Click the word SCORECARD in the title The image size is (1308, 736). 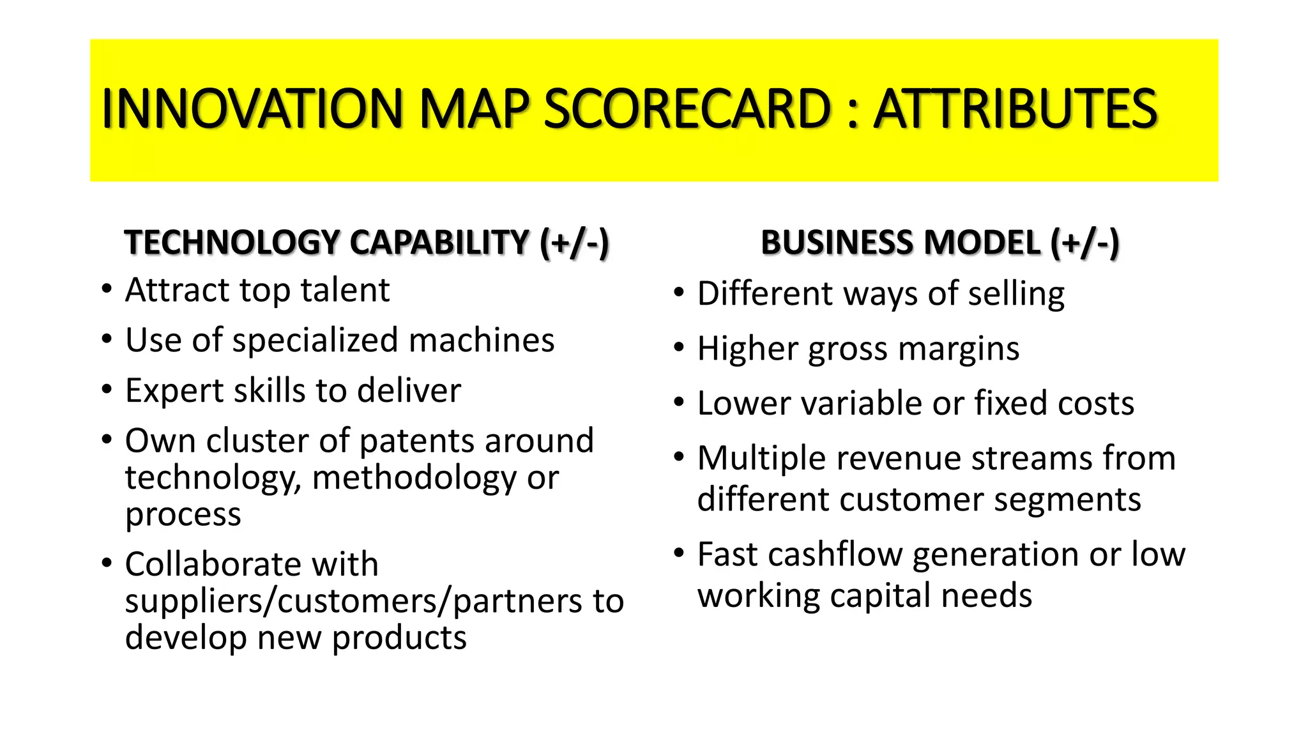[x=687, y=109]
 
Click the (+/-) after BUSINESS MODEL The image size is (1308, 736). [x=1085, y=243]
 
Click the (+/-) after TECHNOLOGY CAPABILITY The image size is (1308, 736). [x=574, y=243]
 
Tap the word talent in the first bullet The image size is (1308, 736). [x=345, y=291]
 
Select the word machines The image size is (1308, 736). [x=482, y=341]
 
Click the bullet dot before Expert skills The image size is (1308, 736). [x=107, y=389]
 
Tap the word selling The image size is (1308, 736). [x=1016, y=294]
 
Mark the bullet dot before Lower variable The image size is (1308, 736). [x=679, y=402]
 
